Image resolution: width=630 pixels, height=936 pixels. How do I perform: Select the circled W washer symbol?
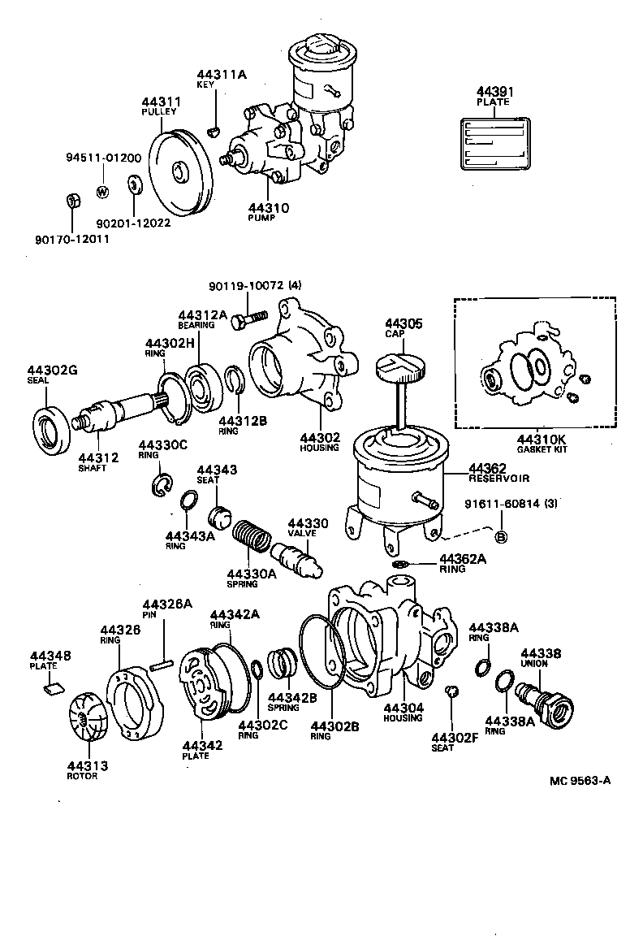[x=103, y=193]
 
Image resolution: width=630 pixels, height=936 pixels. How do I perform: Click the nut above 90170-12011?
[x=71, y=200]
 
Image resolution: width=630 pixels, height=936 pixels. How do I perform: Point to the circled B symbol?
[x=500, y=537]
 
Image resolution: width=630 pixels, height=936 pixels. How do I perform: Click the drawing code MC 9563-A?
[x=579, y=781]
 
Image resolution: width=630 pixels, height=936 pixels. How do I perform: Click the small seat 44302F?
[x=452, y=691]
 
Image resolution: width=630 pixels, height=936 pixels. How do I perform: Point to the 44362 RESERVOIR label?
[x=498, y=473]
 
